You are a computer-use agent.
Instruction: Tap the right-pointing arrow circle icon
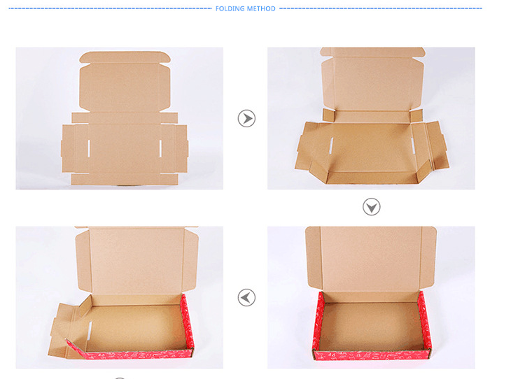[x=246, y=118]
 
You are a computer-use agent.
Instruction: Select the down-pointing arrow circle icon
[x=372, y=207]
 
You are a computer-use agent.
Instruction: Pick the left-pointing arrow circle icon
[x=246, y=298]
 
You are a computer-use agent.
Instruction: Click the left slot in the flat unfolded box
[x=89, y=149]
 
